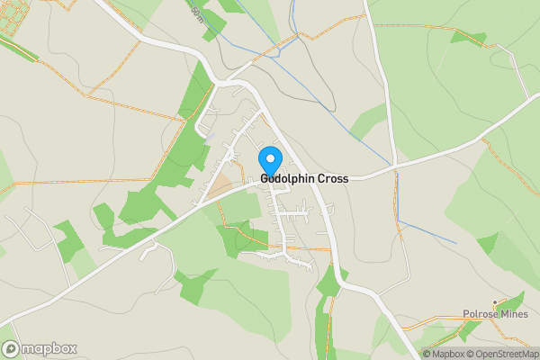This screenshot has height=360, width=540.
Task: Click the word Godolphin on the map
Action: click(288, 179)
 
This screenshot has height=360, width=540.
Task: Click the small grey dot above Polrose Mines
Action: click(494, 301)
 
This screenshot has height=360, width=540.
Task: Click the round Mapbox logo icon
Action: click(12, 348)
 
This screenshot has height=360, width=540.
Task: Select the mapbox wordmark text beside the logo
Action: click(49, 349)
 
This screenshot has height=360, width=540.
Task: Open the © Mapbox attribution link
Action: click(445, 354)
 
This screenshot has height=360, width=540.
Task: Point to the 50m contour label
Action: click(197, 13)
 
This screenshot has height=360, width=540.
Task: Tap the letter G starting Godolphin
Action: click(265, 179)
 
